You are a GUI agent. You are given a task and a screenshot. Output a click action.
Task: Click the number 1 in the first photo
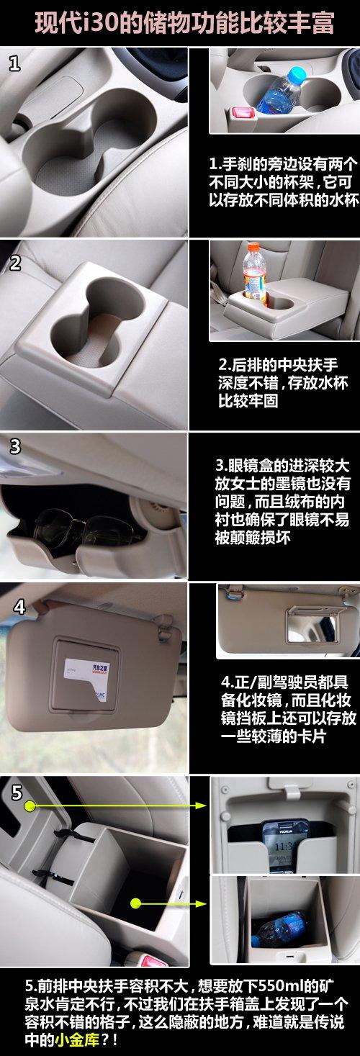15,64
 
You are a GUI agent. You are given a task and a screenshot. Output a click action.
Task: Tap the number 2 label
15,263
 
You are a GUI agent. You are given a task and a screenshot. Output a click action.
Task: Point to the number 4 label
19,607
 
